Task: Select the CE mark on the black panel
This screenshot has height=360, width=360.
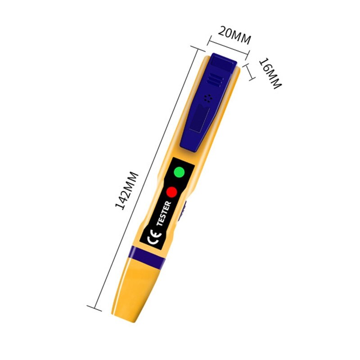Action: point(152,237)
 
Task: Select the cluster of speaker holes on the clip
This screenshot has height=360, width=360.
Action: point(208,98)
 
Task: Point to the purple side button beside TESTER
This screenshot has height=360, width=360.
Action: point(183,211)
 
